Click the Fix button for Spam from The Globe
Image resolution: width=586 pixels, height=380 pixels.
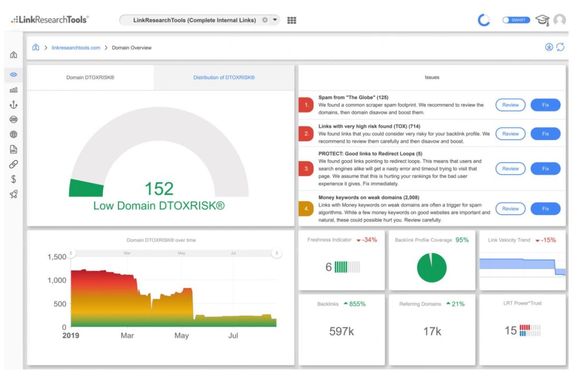(545, 105)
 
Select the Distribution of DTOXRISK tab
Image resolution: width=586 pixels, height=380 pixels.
(224, 78)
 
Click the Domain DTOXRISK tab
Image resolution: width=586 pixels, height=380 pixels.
(90, 78)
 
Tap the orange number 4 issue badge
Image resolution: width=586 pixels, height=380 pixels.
(306, 209)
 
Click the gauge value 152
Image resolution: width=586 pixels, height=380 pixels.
(159, 189)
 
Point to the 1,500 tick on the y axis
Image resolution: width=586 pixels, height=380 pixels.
(57, 257)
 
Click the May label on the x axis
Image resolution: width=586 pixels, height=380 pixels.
(181, 335)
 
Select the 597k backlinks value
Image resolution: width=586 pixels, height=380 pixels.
(342, 331)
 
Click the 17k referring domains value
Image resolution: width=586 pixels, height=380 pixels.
(432, 331)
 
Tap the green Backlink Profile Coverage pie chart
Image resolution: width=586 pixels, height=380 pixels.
(431, 267)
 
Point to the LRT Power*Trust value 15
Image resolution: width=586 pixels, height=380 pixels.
(510, 330)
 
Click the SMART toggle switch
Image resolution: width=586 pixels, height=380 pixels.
(516, 20)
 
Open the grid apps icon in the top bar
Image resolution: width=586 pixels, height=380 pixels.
(292, 20)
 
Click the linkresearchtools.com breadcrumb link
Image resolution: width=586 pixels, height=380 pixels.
(76, 48)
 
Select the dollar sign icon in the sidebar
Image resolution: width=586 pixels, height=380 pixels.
(14, 179)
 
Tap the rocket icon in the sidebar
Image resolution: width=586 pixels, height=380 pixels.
(14, 194)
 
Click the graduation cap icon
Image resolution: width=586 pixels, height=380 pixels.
(543, 20)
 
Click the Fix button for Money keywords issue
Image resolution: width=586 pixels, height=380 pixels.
(545, 209)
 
